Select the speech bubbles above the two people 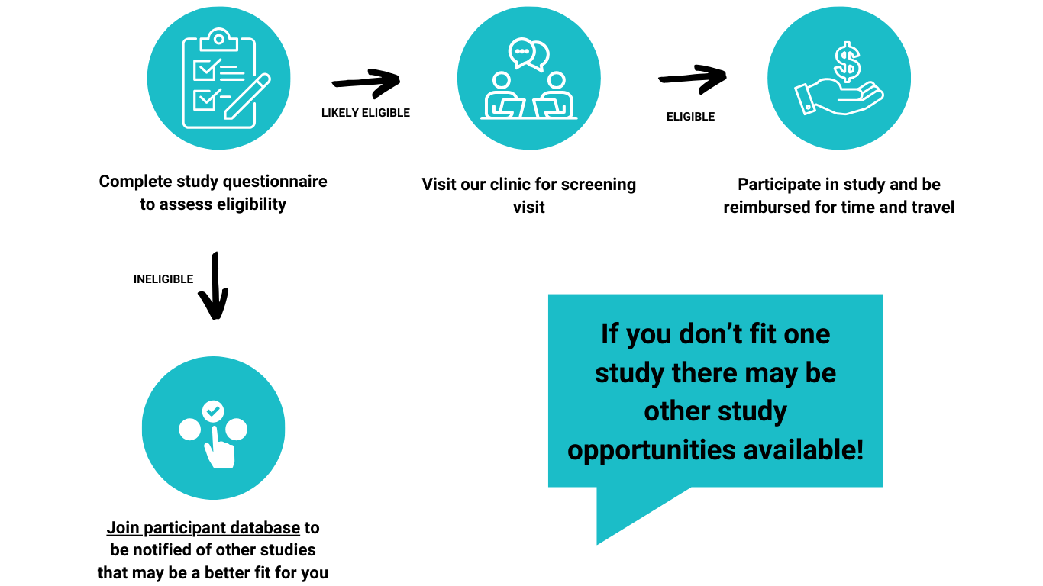pos(528,53)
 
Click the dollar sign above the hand pos(847,62)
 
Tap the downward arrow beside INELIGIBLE pos(215,285)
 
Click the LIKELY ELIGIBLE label pos(366,113)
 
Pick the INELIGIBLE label pos(163,279)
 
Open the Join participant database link pos(203,528)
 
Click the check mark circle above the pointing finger pos(213,411)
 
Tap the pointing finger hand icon pos(220,449)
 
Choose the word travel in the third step pos(931,208)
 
